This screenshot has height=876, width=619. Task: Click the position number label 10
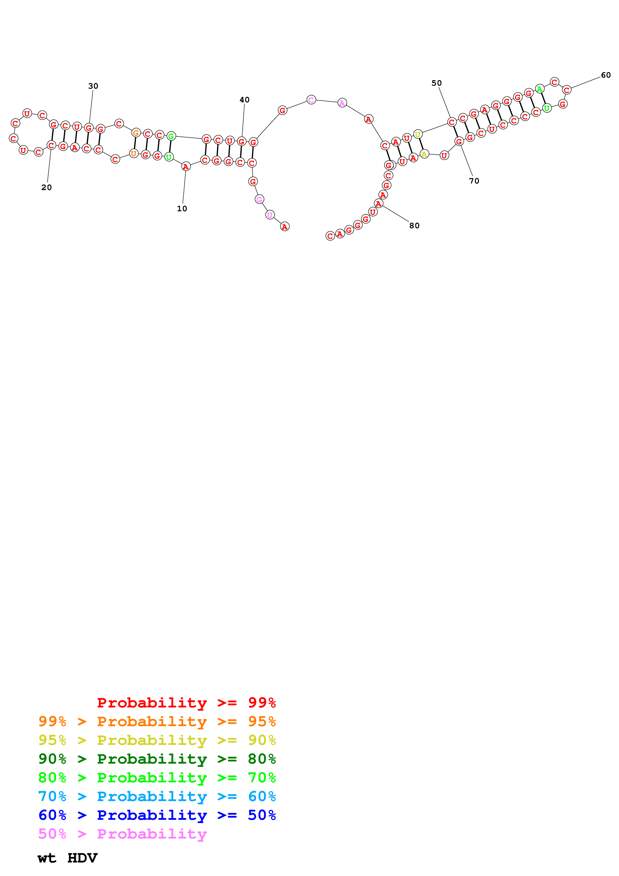pos(182,209)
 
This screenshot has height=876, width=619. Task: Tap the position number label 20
pos(46,187)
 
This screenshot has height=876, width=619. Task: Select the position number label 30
pos(93,86)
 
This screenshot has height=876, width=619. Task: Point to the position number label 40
pos(244,100)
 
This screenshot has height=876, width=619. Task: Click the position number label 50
pos(437,83)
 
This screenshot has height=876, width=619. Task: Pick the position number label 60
pos(606,75)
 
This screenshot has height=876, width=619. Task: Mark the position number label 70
pos(474,181)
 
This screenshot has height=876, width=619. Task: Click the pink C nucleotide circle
pos(311,100)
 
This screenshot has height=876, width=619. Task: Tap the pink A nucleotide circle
pos(342,103)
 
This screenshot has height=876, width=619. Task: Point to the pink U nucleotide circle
pos(270,215)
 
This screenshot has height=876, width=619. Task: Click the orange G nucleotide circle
pos(136,133)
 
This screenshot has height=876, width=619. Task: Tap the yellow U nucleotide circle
pos(418,134)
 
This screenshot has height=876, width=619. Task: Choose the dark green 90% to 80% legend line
pos(157,759)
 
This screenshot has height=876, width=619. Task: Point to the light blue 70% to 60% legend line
pos(157,796)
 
